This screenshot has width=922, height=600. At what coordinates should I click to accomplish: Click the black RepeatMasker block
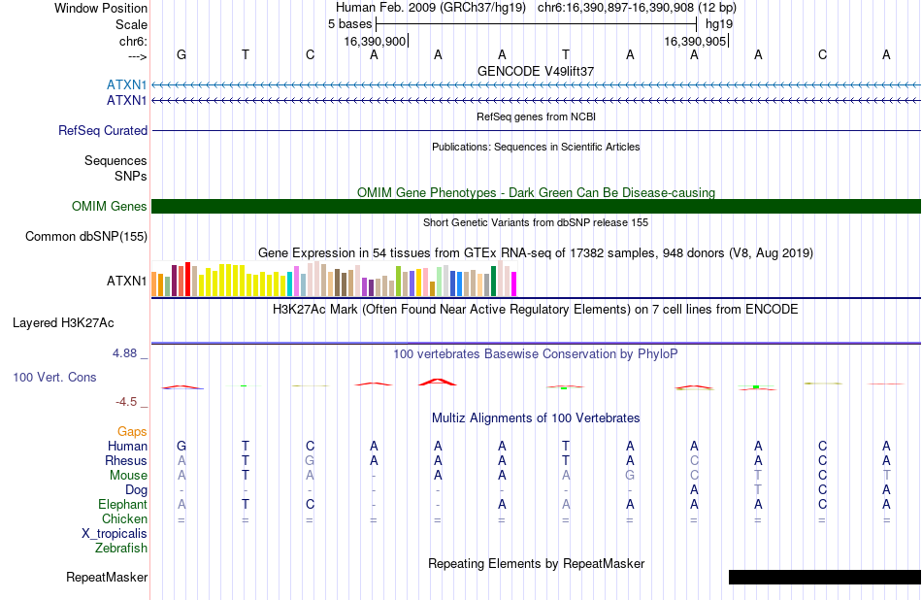click(824, 577)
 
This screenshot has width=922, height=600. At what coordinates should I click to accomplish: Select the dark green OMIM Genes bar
click(537, 207)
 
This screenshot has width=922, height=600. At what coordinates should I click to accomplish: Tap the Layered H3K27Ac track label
click(63, 323)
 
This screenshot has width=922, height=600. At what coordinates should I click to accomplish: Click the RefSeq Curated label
click(103, 131)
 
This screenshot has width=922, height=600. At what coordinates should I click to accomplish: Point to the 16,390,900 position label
click(375, 41)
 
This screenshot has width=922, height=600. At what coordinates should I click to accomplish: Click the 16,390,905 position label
click(695, 41)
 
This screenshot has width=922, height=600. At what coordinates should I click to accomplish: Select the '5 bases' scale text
click(349, 24)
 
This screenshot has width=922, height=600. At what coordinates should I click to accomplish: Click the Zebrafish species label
click(121, 549)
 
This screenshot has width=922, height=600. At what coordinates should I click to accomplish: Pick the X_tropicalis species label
click(115, 534)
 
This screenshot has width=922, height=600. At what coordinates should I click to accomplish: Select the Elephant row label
click(123, 505)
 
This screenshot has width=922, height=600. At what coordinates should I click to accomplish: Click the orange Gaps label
click(132, 432)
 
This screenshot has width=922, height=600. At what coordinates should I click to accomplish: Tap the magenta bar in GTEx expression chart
click(514, 283)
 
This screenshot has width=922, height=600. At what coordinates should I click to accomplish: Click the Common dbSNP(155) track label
click(86, 237)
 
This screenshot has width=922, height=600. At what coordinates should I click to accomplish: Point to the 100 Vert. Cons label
click(54, 377)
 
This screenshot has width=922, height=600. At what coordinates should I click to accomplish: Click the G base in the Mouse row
click(630, 476)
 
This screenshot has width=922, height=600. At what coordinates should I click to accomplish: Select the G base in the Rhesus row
click(310, 460)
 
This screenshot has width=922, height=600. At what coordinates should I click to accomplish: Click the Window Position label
click(101, 8)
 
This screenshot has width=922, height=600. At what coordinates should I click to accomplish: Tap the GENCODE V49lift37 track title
click(536, 71)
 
